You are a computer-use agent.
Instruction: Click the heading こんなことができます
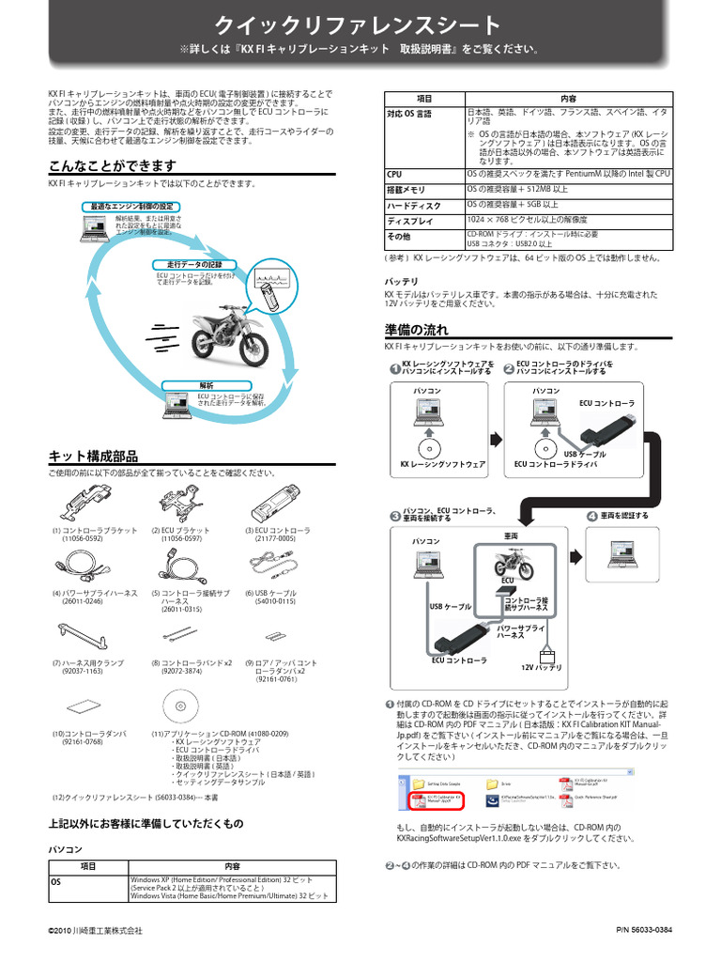coord(112,166)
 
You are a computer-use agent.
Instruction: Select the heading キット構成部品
coord(93,456)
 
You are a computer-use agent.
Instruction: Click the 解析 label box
coord(207,385)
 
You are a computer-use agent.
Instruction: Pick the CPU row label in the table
coord(394,174)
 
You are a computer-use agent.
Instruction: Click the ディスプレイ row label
coord(410,221)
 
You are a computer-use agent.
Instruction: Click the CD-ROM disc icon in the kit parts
coord(179,705)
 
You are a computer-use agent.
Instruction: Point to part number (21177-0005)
coord(276,539)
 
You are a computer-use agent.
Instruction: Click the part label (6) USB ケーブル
coord(269,594)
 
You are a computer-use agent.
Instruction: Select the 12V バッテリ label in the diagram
coord(541,667)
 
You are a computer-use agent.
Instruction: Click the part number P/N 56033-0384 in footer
coord(644,930)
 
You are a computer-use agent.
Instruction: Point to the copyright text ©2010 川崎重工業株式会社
coord(96,931)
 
